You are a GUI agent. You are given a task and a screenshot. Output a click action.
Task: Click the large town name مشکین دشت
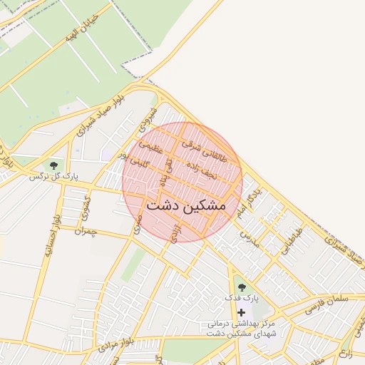(185, 205)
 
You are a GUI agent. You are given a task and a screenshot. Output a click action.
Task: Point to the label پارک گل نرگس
(53, 176)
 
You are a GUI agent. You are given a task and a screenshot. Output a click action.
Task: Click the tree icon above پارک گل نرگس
(53, 165)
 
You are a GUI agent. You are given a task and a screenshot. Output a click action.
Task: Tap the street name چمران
(84, 232)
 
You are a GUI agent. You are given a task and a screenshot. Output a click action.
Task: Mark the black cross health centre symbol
(242, 312)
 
